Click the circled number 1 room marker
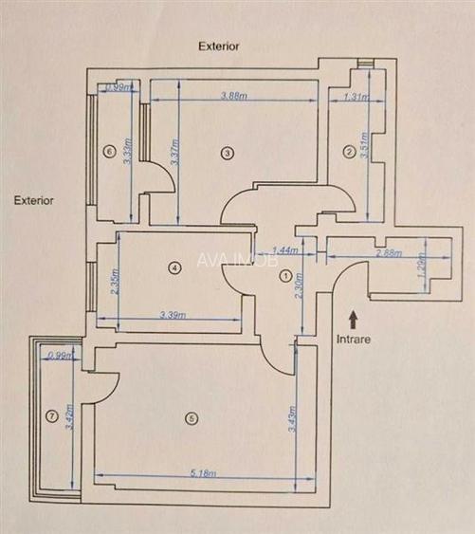(x=285, y=277)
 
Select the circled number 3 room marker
(x=227, y=152)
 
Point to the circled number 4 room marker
(x=173, y=268)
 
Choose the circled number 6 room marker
(x=110, y=151)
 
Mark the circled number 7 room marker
(x=52, y=414)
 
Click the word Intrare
(x=352, y=337)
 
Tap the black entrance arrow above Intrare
(x=353, y=318)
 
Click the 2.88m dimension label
(x=388, y=254)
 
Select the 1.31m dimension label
(x=356, y=96)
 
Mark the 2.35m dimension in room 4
(x=115, y=282)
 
